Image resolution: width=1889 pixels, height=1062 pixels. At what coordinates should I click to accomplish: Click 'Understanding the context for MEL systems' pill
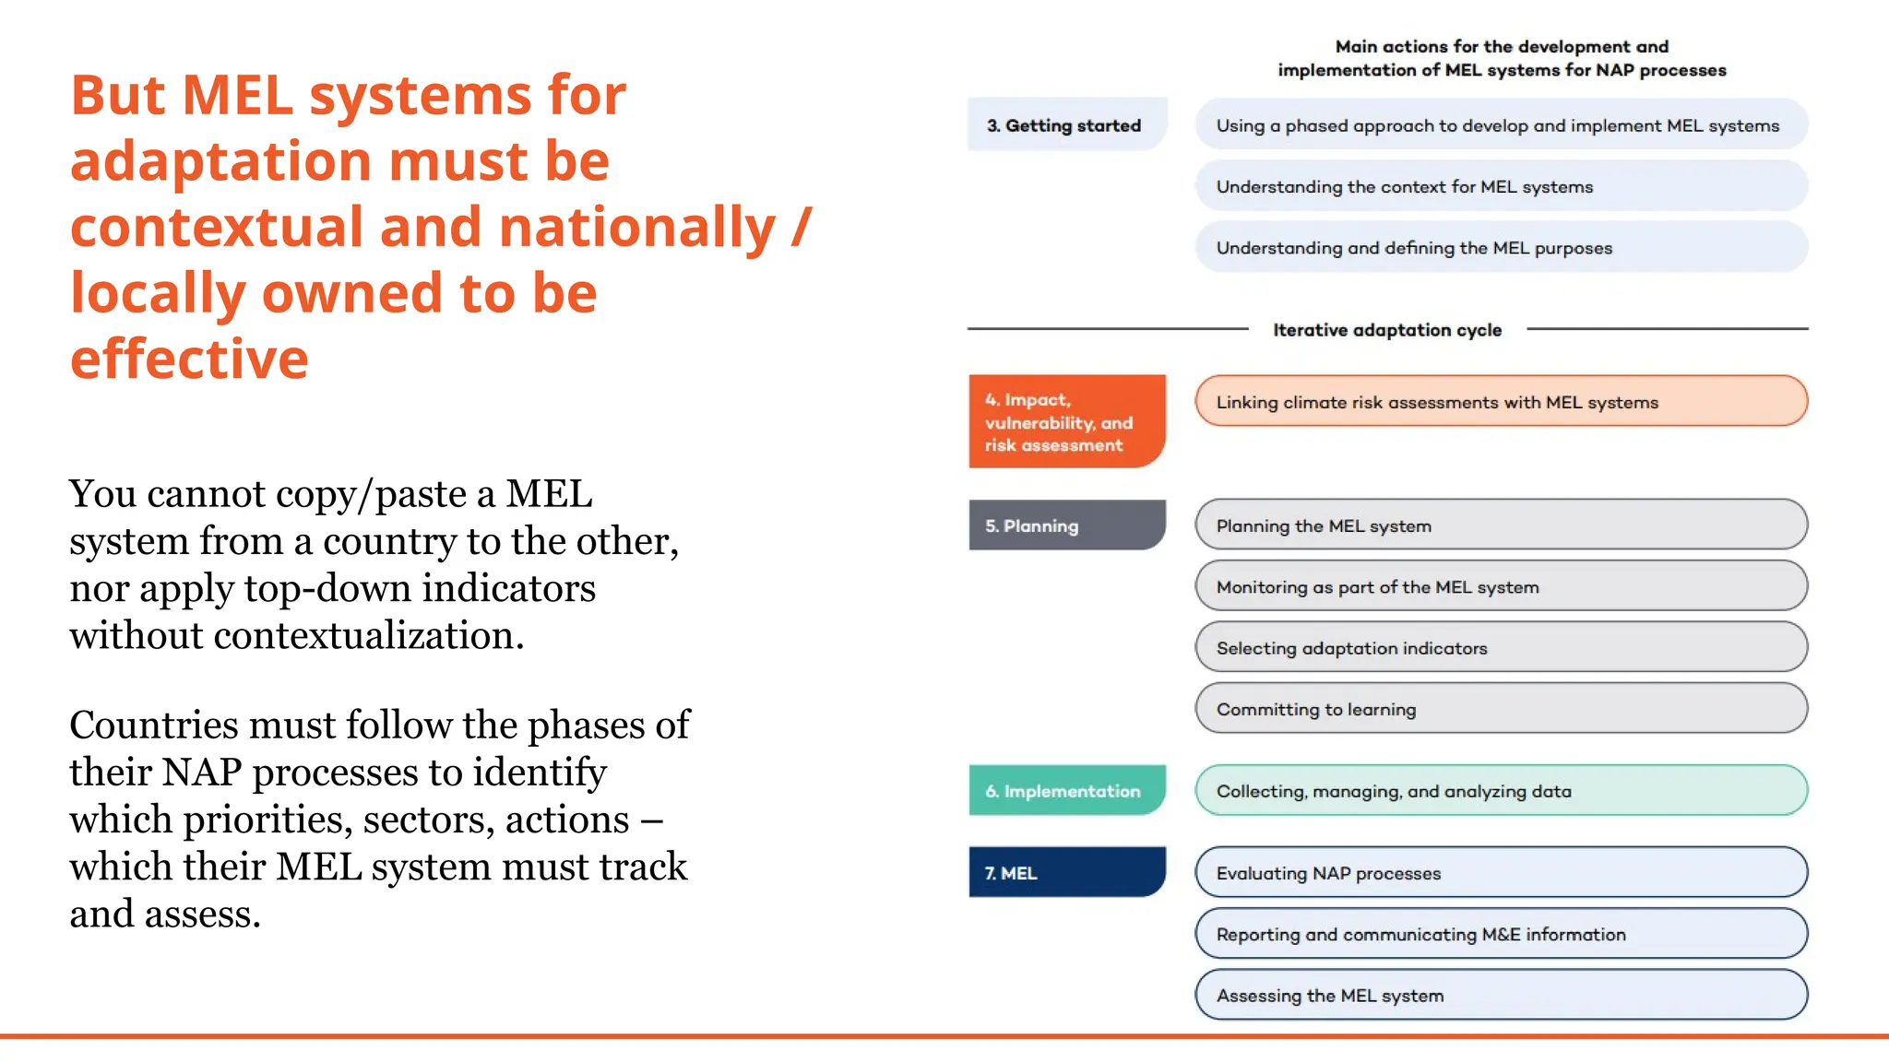point(1501,186)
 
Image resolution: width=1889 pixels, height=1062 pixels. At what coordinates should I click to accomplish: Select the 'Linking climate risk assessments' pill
point(1501,402)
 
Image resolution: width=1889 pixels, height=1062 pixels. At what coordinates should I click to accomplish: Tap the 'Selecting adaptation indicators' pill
point(1501,647)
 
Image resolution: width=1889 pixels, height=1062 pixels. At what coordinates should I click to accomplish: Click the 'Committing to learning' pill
point(1501,709)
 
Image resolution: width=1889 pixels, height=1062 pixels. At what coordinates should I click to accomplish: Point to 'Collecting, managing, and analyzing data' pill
point(1501,791)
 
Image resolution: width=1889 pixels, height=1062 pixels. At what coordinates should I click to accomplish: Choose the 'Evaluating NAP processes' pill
point(1501,872)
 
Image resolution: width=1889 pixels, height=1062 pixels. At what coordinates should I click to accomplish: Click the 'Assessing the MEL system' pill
point(1501,995)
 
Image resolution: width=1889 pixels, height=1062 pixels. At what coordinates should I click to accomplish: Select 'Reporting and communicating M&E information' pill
point(1501,934)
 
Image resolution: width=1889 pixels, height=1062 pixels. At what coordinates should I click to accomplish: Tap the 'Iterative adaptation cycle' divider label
point(1386,330)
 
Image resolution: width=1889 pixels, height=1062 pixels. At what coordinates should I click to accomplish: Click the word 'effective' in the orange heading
point(189,359)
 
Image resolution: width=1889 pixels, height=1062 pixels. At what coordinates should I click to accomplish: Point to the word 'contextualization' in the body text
point(368,635)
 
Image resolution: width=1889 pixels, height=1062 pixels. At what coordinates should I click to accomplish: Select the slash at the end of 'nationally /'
point(801,227)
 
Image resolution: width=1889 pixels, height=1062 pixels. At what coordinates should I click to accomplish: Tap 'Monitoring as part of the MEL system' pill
point(1501,586)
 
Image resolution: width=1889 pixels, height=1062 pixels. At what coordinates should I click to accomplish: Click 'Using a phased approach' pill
point(1501,124)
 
